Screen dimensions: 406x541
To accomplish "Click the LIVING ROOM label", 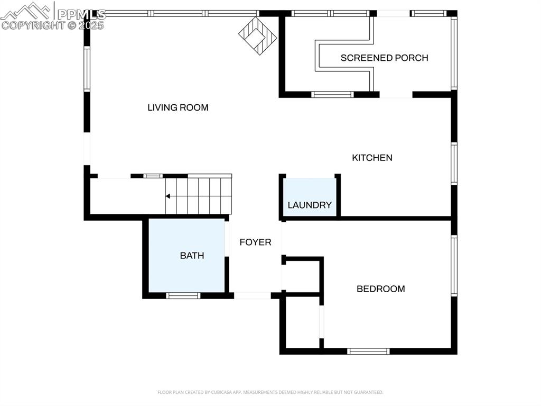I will click(178, 107).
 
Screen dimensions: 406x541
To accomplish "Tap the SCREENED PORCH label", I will click(384, 58).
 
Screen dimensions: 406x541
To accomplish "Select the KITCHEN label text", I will click(372, 157).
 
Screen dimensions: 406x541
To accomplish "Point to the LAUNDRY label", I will click(310, 205).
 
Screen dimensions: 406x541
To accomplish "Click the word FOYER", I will click(255, 242).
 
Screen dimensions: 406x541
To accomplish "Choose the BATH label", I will click(192, 255).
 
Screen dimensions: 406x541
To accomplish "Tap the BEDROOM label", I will click(380, 288).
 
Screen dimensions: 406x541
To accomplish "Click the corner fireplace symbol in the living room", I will click(257, 35).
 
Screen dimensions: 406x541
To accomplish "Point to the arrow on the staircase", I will click(168, 196).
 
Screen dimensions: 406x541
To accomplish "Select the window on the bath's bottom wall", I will click(183, 295).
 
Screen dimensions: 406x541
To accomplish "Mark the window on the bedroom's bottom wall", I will click(368, 351).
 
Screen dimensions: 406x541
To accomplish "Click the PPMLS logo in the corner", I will click(53, 16).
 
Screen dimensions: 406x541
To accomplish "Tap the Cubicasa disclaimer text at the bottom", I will click(270, 392).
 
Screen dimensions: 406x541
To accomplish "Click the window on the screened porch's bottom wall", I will click(332, 95).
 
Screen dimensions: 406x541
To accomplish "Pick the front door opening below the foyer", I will click(252, 295).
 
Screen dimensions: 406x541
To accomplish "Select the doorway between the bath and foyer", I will click(227, 239).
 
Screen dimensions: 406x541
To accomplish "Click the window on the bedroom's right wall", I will click(454, 265).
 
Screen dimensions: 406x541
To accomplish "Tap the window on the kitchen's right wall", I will click(454, 164).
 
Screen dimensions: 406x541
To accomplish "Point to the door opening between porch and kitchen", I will click(396, 95).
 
